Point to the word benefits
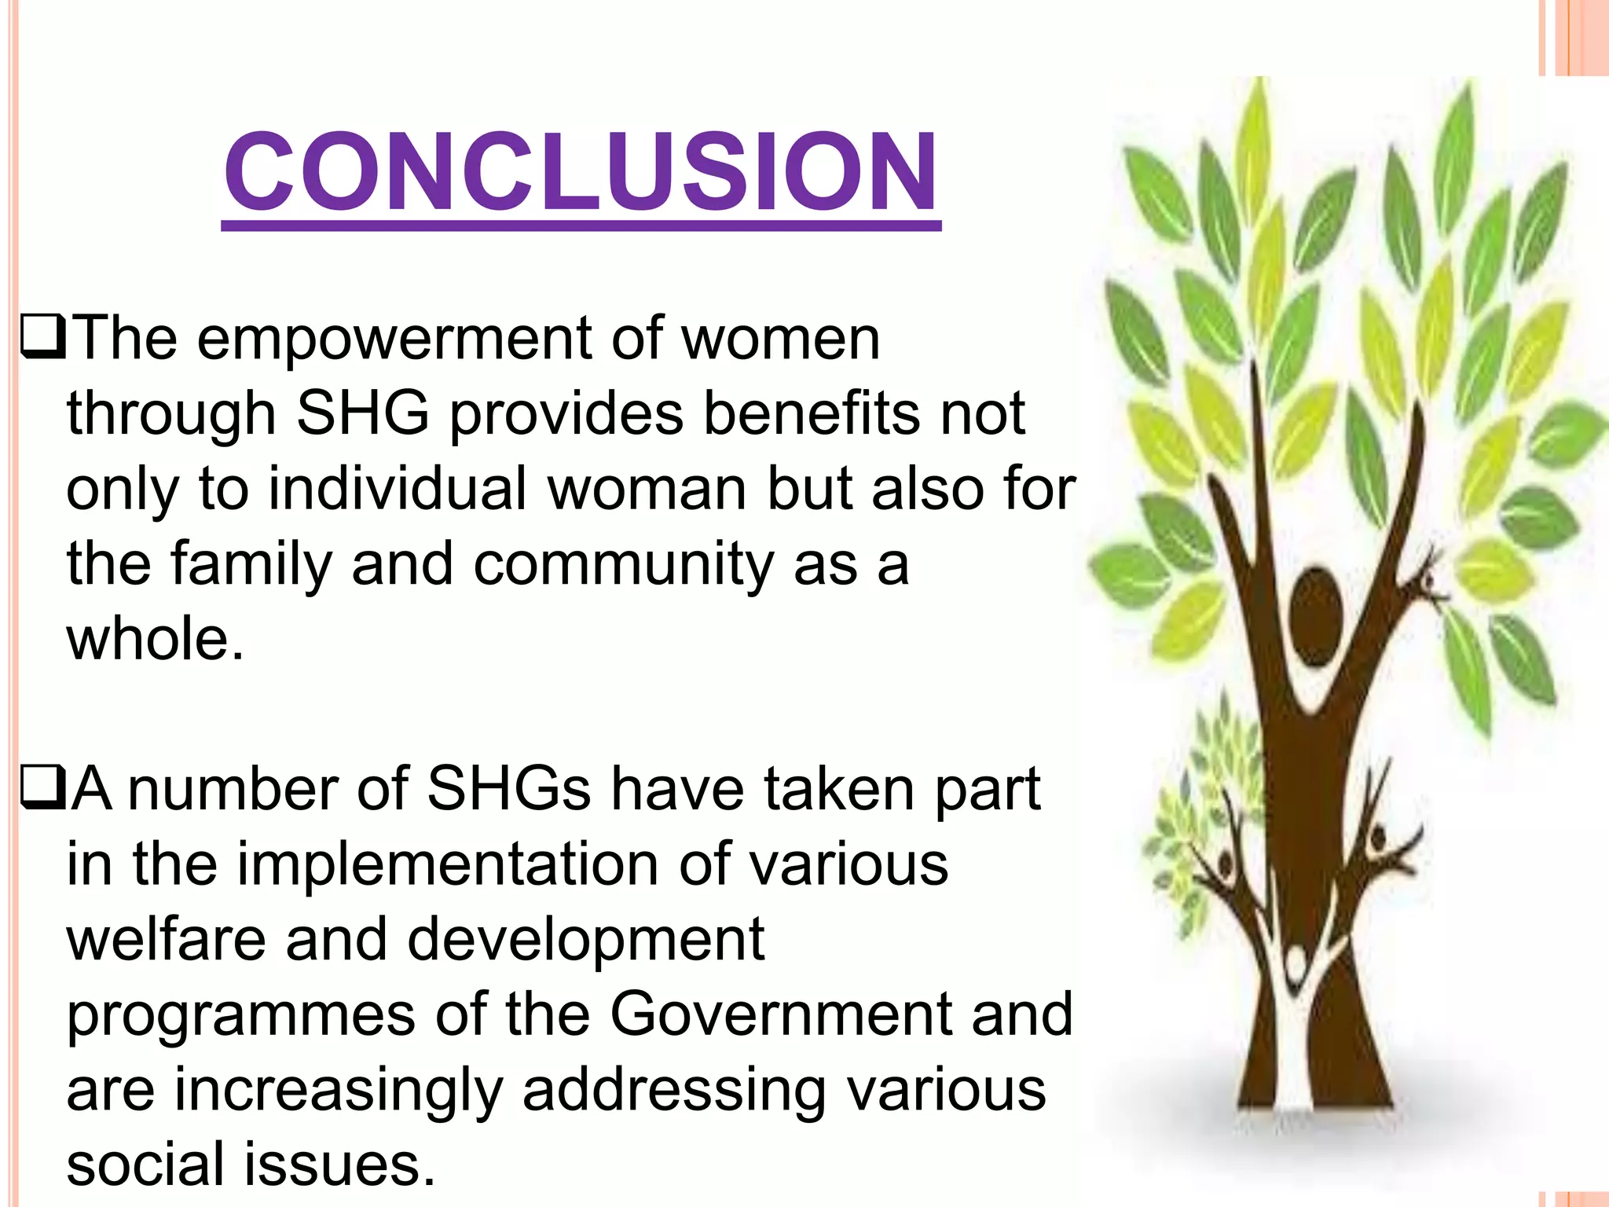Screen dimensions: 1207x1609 click(811, 414)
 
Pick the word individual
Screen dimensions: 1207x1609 click(397, 489)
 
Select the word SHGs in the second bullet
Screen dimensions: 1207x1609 click(508, 789)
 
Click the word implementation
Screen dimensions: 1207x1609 click(449, 864)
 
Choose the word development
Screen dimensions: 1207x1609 click(585, 940)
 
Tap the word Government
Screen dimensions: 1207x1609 click(781, 1014)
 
